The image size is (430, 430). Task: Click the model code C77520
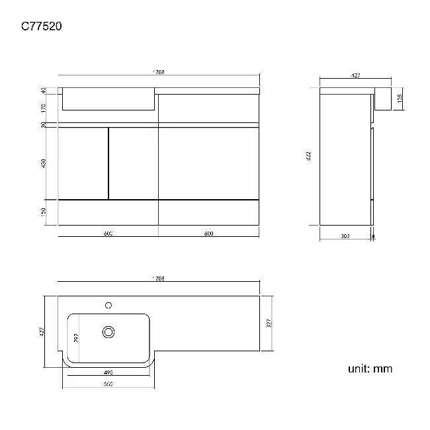41,26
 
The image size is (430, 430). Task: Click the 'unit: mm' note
370,368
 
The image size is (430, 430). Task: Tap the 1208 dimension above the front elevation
158,71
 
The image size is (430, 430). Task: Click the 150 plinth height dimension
43,212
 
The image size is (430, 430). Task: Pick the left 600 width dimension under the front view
108,234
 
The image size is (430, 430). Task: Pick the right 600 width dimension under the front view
208,234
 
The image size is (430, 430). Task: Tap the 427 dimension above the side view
355,77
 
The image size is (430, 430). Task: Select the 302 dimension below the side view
345,236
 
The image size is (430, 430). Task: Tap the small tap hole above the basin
107,306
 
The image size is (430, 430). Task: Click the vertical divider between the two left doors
108,163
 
